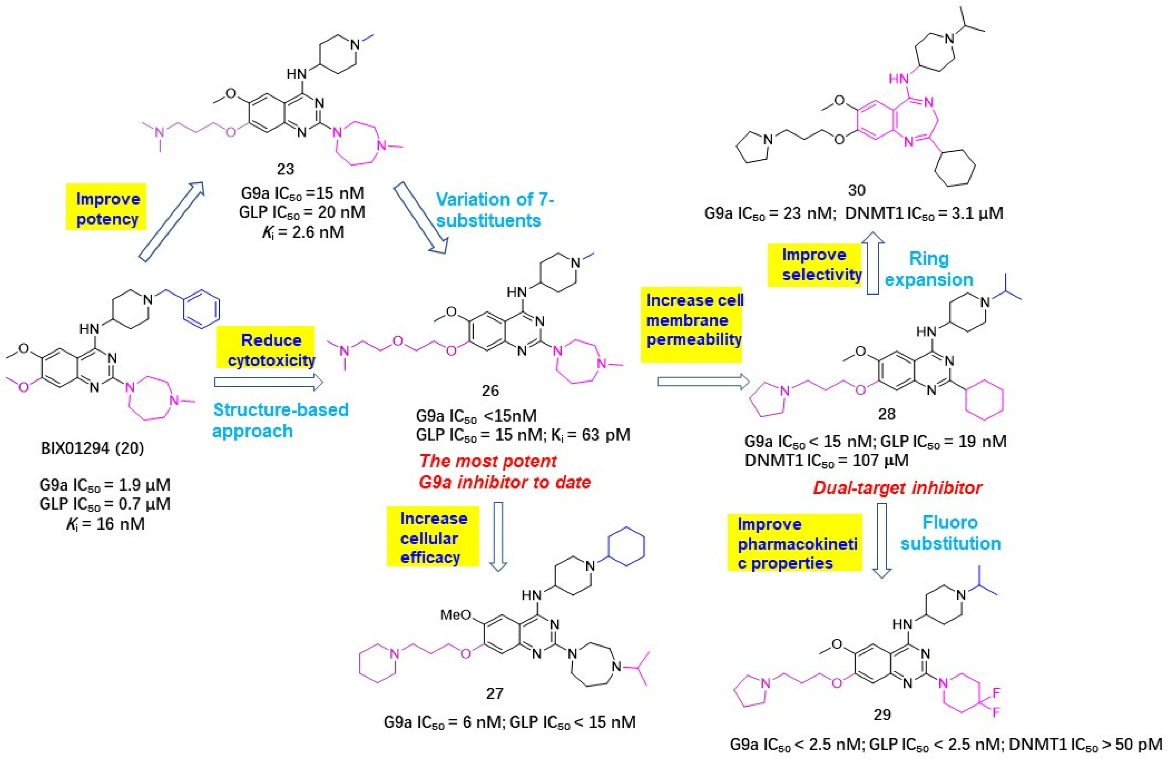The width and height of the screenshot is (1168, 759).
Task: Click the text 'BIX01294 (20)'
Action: pyautogui.click(x=92, y=448)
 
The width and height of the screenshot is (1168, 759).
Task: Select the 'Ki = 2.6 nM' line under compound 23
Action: pyautogui.click(x=303, y=232)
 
